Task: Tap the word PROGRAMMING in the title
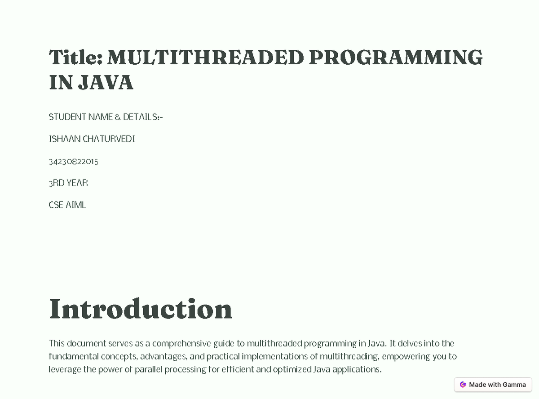(x=396, y=58)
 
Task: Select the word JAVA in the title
(x=106, y=83)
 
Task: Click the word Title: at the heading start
(x=76, y=58)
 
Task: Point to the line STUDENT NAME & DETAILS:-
(x=106, y=117)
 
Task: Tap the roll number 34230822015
(x=73, y=161)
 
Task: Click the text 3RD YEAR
(x=68, y=183)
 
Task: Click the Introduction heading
(x=140, y=309)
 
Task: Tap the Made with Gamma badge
(x=493, y=385)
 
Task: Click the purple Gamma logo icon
(x=463, y=385)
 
